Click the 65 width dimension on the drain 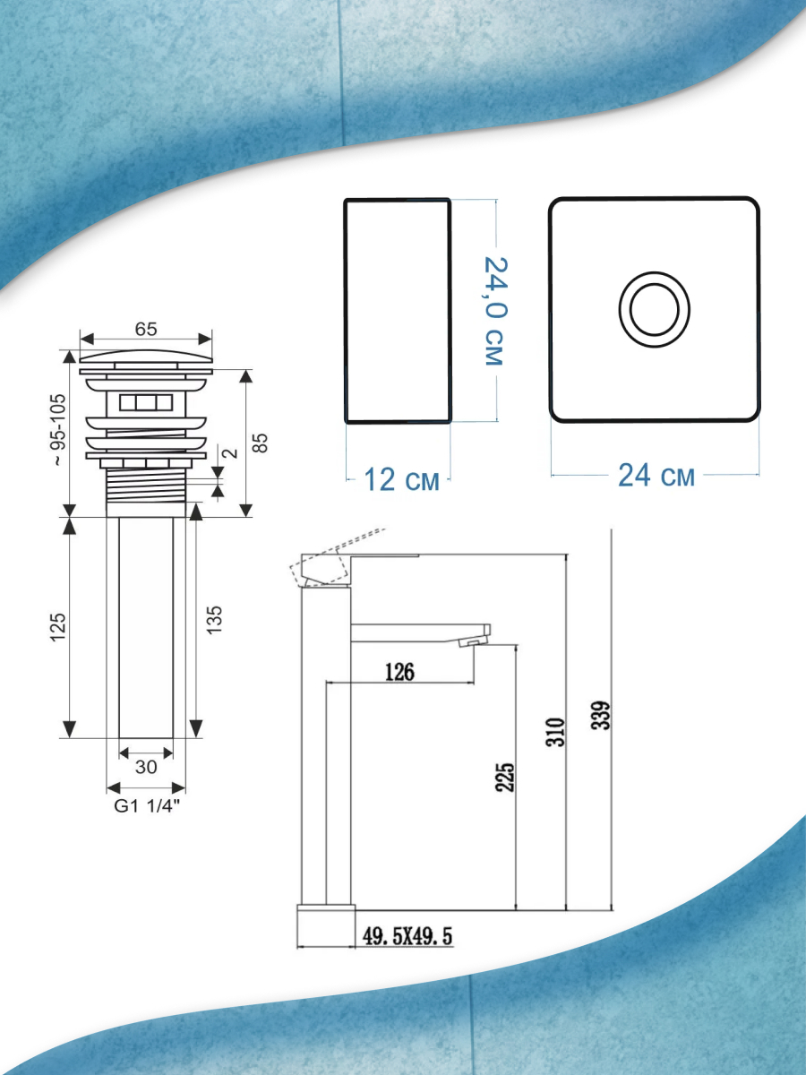(146, 329)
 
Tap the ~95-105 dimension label (58, 429)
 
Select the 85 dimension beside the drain (262, 443)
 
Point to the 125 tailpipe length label (58, 627)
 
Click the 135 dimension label (214, 621)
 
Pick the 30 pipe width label (146, 767)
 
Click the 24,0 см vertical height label (494, 311)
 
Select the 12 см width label (402, 479)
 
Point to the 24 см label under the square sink (656, 476)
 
